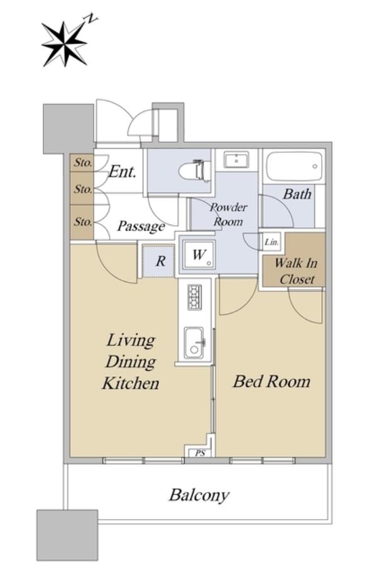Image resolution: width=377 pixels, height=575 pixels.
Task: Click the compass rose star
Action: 65,44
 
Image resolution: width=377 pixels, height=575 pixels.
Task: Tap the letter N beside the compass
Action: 92,19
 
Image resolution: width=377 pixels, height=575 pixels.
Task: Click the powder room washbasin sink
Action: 237,160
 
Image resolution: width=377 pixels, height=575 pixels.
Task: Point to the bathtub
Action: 295,167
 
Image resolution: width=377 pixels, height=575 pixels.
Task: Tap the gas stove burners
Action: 194,296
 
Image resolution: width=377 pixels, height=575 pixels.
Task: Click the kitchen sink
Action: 194,342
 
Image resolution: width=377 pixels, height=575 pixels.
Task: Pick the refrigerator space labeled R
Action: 158,261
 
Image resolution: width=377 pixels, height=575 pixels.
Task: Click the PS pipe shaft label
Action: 200,453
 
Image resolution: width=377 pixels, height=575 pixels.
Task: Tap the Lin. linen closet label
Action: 271,242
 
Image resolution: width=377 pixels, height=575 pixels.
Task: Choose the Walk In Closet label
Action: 296,271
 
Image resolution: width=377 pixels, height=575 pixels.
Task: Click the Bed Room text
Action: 271,382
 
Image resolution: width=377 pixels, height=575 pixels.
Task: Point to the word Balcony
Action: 199,496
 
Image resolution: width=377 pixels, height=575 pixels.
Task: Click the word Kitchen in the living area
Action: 131,384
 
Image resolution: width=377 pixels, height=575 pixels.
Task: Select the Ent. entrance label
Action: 123,172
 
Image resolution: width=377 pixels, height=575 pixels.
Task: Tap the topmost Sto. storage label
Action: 83,162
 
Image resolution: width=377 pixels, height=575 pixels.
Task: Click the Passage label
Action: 141,226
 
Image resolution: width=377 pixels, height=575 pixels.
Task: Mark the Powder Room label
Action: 228,215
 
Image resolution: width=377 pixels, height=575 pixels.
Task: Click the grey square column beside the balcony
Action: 67,535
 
